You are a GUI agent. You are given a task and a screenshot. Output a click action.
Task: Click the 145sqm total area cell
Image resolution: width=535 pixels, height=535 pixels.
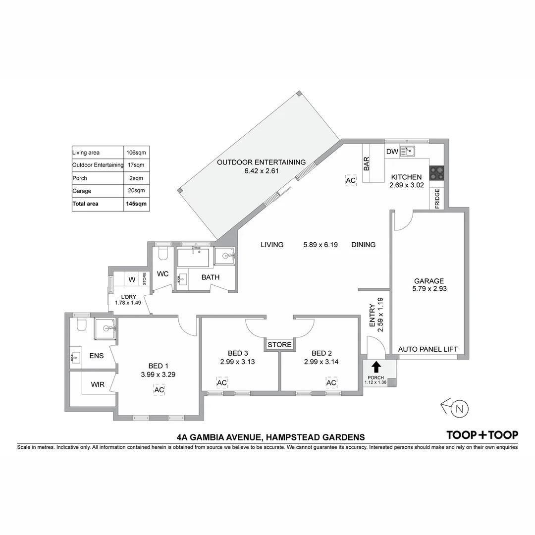tap(136, 204)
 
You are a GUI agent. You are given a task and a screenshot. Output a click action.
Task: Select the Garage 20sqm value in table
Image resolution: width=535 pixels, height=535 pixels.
tap(136, 191)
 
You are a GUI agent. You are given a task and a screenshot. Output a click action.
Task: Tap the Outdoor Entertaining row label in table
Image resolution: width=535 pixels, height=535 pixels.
tap(98, 165)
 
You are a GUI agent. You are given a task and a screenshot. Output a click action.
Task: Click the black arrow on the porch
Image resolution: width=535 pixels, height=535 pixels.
tap(376, 367)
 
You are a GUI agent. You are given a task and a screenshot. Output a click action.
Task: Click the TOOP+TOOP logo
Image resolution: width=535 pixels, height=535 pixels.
tap(482, 435)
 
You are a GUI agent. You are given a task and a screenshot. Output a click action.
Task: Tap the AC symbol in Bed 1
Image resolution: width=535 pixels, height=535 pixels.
tap(159, 390)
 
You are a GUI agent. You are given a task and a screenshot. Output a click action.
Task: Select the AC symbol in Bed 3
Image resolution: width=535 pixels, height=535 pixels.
tap(222, 383)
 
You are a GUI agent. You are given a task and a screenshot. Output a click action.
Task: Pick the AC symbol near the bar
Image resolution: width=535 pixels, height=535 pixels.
tap(351, 181)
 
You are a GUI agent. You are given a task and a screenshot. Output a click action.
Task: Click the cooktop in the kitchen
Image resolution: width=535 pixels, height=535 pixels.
tap(436, 173)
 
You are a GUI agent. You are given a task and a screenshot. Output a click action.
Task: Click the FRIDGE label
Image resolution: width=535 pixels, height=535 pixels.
tap(437, 199)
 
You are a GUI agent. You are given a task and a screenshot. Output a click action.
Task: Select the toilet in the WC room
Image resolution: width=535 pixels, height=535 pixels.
tap(163, 254)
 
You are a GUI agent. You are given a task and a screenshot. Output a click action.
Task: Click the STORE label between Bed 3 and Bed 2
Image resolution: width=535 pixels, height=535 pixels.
tap(279, 345)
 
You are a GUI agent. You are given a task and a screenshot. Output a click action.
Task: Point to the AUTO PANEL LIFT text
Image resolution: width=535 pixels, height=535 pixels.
tap(428, 349)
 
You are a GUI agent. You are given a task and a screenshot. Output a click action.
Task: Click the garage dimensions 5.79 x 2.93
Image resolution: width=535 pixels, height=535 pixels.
tap(429, 288)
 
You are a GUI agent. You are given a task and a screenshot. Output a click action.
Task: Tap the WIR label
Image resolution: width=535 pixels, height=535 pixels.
tap(97, 384)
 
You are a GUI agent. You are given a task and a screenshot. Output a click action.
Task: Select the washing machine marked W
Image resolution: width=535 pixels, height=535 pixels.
tap(132, 280)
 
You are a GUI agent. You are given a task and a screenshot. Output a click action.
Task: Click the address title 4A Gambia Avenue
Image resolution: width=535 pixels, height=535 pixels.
tap(270, 437)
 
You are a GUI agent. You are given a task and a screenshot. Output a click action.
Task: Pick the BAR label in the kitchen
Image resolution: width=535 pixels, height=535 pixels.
tap(367, 164)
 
